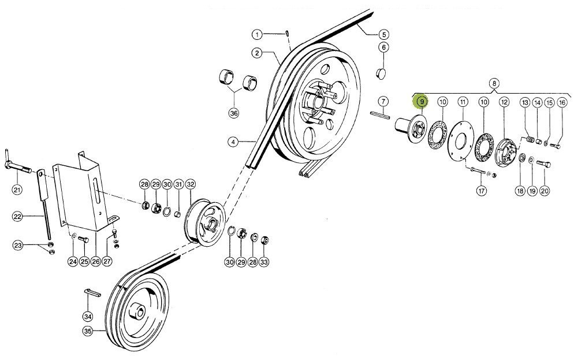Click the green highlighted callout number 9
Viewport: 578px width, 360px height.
[422, 102]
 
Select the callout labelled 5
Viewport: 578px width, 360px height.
[384, 34]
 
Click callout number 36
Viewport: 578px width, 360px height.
[234, 113]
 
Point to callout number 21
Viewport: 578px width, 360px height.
[17, 190]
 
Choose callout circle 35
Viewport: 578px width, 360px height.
[87, 331]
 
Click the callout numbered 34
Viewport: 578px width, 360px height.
[87, 316]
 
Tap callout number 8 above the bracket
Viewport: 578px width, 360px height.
[494, 83]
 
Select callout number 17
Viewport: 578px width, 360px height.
[480, 190]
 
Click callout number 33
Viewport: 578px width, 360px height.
[264, 262]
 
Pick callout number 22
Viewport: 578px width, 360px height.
[18, 217]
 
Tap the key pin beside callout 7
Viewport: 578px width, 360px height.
[382, 114]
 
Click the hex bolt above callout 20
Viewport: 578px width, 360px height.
[545, 165]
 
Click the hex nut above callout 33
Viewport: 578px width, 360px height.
[264, 240]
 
